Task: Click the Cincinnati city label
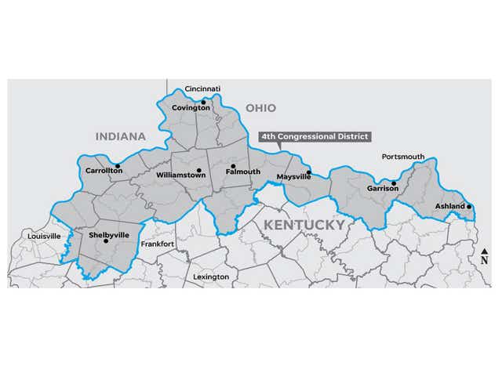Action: coord(202,89)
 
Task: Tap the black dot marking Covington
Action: coord(203,101)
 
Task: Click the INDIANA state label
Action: coord(121,136)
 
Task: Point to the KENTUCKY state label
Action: coord(304,225)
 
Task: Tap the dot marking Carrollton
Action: coord(117,165)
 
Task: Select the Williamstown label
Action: coord(180,175)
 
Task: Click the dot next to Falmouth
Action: coord(233,165)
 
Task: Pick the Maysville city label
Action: coord(294,178)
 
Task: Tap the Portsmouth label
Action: coord(403,157)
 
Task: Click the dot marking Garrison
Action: coord(394,183)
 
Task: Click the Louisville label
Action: coord(44,236)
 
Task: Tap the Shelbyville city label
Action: coord(107,234)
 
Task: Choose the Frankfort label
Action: coord(157,244)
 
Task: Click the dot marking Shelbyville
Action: coord(106,241)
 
